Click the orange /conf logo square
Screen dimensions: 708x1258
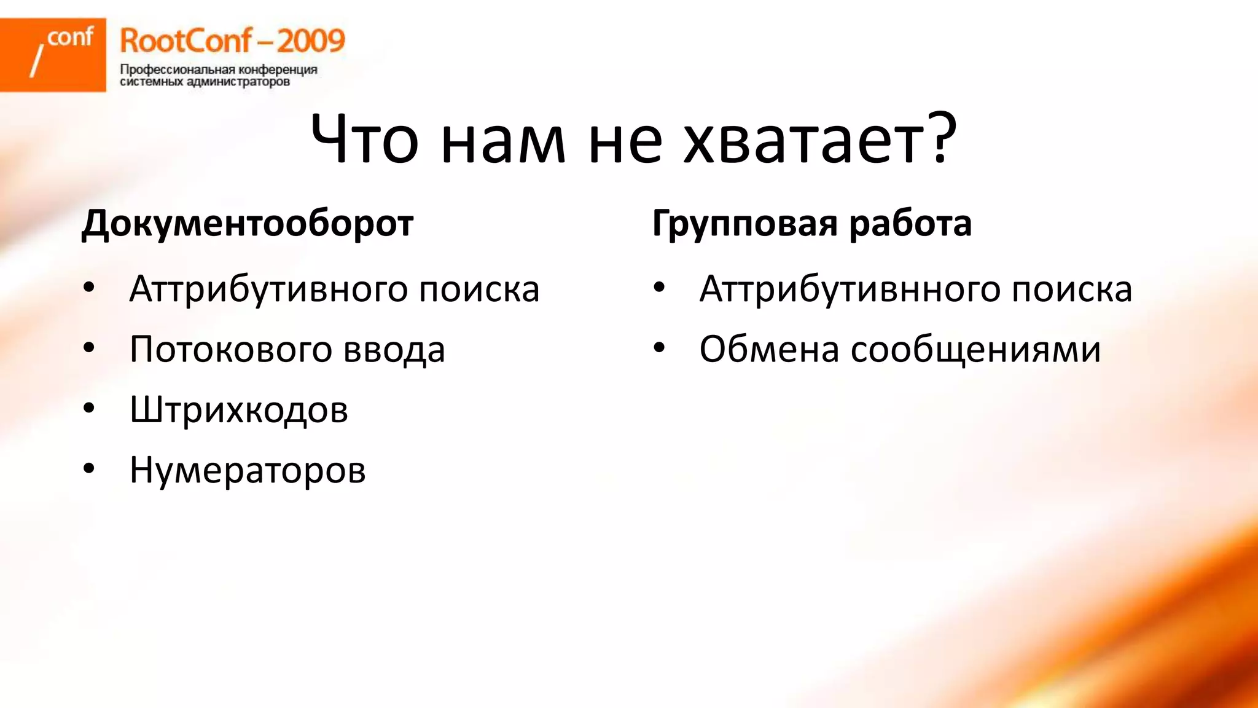pos(53,55)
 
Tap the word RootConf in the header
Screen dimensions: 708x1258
pos(185,41)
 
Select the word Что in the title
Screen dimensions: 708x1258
pos(364,140)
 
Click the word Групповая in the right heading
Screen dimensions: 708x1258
pos(744,224)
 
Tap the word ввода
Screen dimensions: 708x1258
pos(394,349)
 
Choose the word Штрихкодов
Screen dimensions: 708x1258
pos(239,409)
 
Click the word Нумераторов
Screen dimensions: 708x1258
pos(248,470)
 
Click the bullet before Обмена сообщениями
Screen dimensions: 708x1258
pos(659,348)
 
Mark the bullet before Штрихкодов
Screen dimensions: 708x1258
pos(89,409)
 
